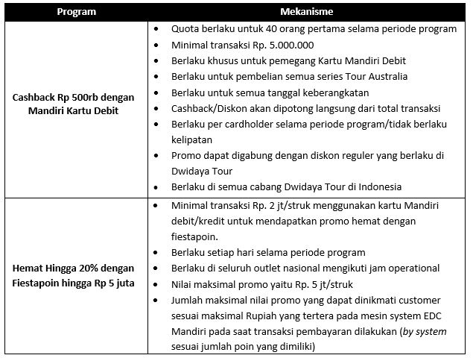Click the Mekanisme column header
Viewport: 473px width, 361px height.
click(x=306, y=13)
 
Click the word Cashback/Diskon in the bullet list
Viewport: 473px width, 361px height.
click(x=206, y=107)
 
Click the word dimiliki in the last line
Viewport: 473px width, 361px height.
click(x=298, y=347)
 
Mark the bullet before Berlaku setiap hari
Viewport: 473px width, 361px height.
click(x=154, y=252)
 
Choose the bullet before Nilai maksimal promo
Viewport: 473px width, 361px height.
click(x=154, y=283)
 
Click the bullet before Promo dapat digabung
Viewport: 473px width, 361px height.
click(x=154, y=155)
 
